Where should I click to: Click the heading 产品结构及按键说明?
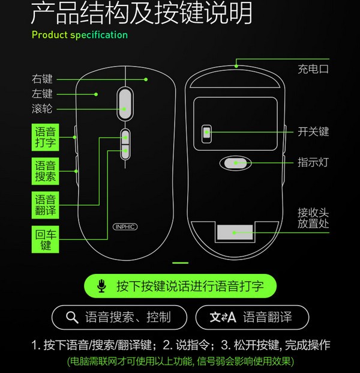(x=141, y=14)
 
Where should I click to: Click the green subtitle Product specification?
(x=80, y=35)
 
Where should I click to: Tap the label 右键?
(x=43, y=79)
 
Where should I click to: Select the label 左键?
(x=43, y=94)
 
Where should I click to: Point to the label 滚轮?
(x=43, y=109)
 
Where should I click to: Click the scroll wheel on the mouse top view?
(x=125, y=100)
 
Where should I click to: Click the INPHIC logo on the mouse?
(x=125, y=228)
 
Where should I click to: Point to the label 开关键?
(x=313, y=132)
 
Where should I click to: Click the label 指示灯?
(x=313, y=162)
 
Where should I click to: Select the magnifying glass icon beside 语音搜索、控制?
(x=72, y=317)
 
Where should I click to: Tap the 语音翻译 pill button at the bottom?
(x=252, y=317)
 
